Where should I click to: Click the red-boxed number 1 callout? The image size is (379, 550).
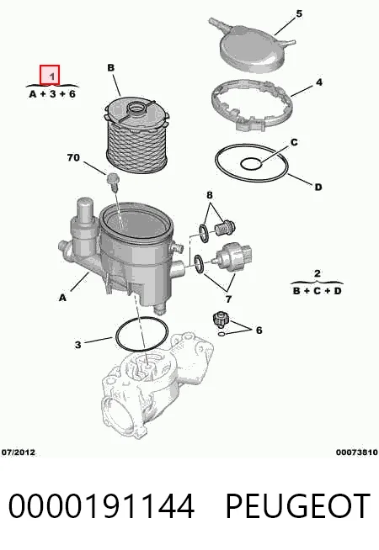point(50,75)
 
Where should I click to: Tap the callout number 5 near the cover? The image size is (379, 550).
point(299,14)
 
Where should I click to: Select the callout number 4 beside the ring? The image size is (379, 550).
point(318,82)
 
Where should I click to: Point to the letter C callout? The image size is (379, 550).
point(294,142)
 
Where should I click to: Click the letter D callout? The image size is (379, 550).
point(318,187)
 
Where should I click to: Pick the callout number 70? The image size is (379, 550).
point(73,158)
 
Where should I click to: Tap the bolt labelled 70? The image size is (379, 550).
point(112,182)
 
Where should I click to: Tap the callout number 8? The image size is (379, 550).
point(210,195)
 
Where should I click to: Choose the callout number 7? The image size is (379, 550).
point(228,299)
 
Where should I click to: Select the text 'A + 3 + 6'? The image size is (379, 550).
point(52,94)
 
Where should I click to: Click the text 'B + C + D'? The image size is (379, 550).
point(318,291)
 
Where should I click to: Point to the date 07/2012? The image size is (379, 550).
point(19,452)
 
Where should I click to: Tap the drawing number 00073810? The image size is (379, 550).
point(356,452)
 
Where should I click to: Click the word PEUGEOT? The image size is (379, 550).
point(298,505)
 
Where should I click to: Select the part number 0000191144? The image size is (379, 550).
point(101,505)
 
